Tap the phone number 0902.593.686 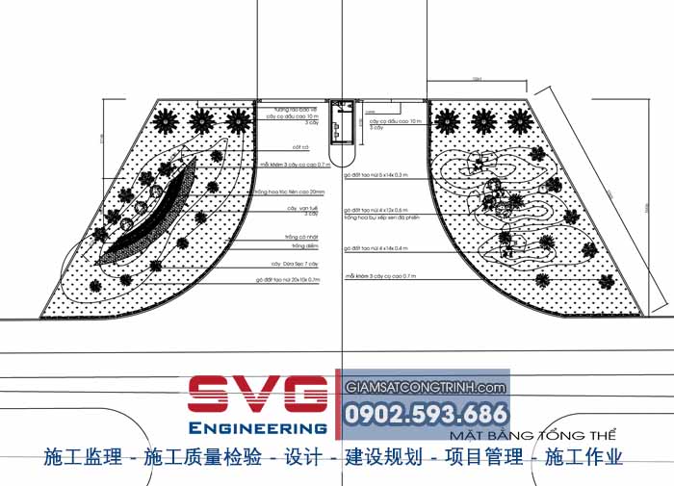[x=426, y=415]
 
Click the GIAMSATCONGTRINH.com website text [x=426, y=387]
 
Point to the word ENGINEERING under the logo [x=257, y=426]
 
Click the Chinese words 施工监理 [x=82, y=457]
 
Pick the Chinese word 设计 [x=304, y=457]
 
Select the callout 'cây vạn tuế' [x=301, y=207]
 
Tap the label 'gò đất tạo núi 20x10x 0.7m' [x=288, y=280]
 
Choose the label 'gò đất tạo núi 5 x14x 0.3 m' [x=380, y=176]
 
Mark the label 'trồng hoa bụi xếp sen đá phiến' [x=382, y=217]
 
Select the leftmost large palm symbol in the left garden [x=163, y=120]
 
